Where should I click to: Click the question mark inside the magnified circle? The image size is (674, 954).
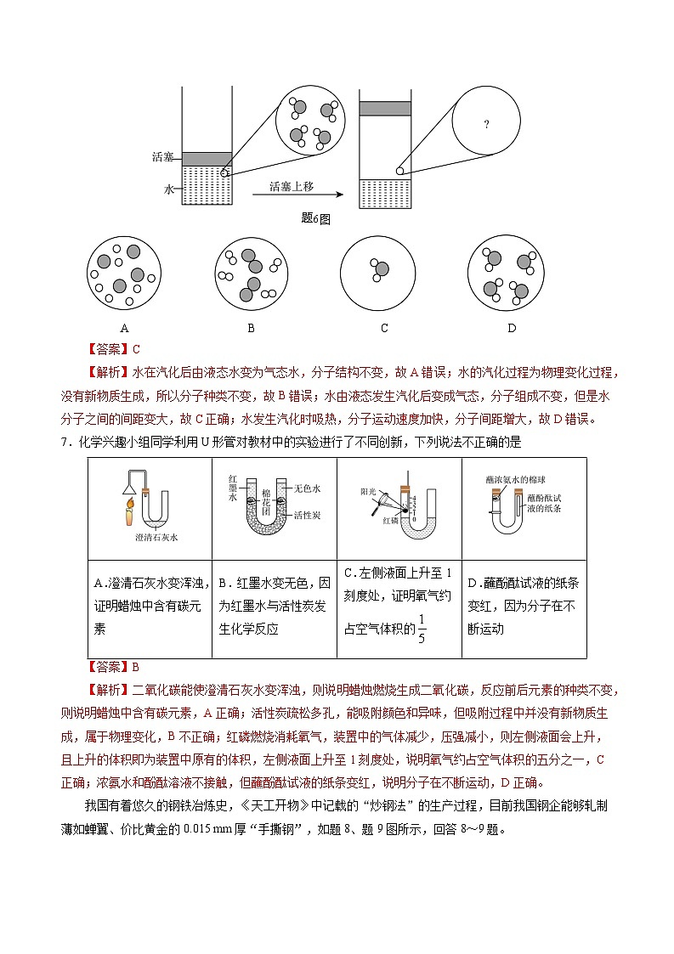pos(486,125)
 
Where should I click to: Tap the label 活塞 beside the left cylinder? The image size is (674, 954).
pos(162,157)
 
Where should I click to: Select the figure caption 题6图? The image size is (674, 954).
pos(315,218)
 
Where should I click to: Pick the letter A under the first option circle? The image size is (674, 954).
pos(124,328)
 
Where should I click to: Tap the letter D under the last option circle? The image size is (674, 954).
pos(511,328)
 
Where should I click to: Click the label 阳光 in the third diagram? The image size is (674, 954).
pos(367,491)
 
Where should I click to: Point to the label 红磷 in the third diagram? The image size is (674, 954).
pos(390,519)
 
